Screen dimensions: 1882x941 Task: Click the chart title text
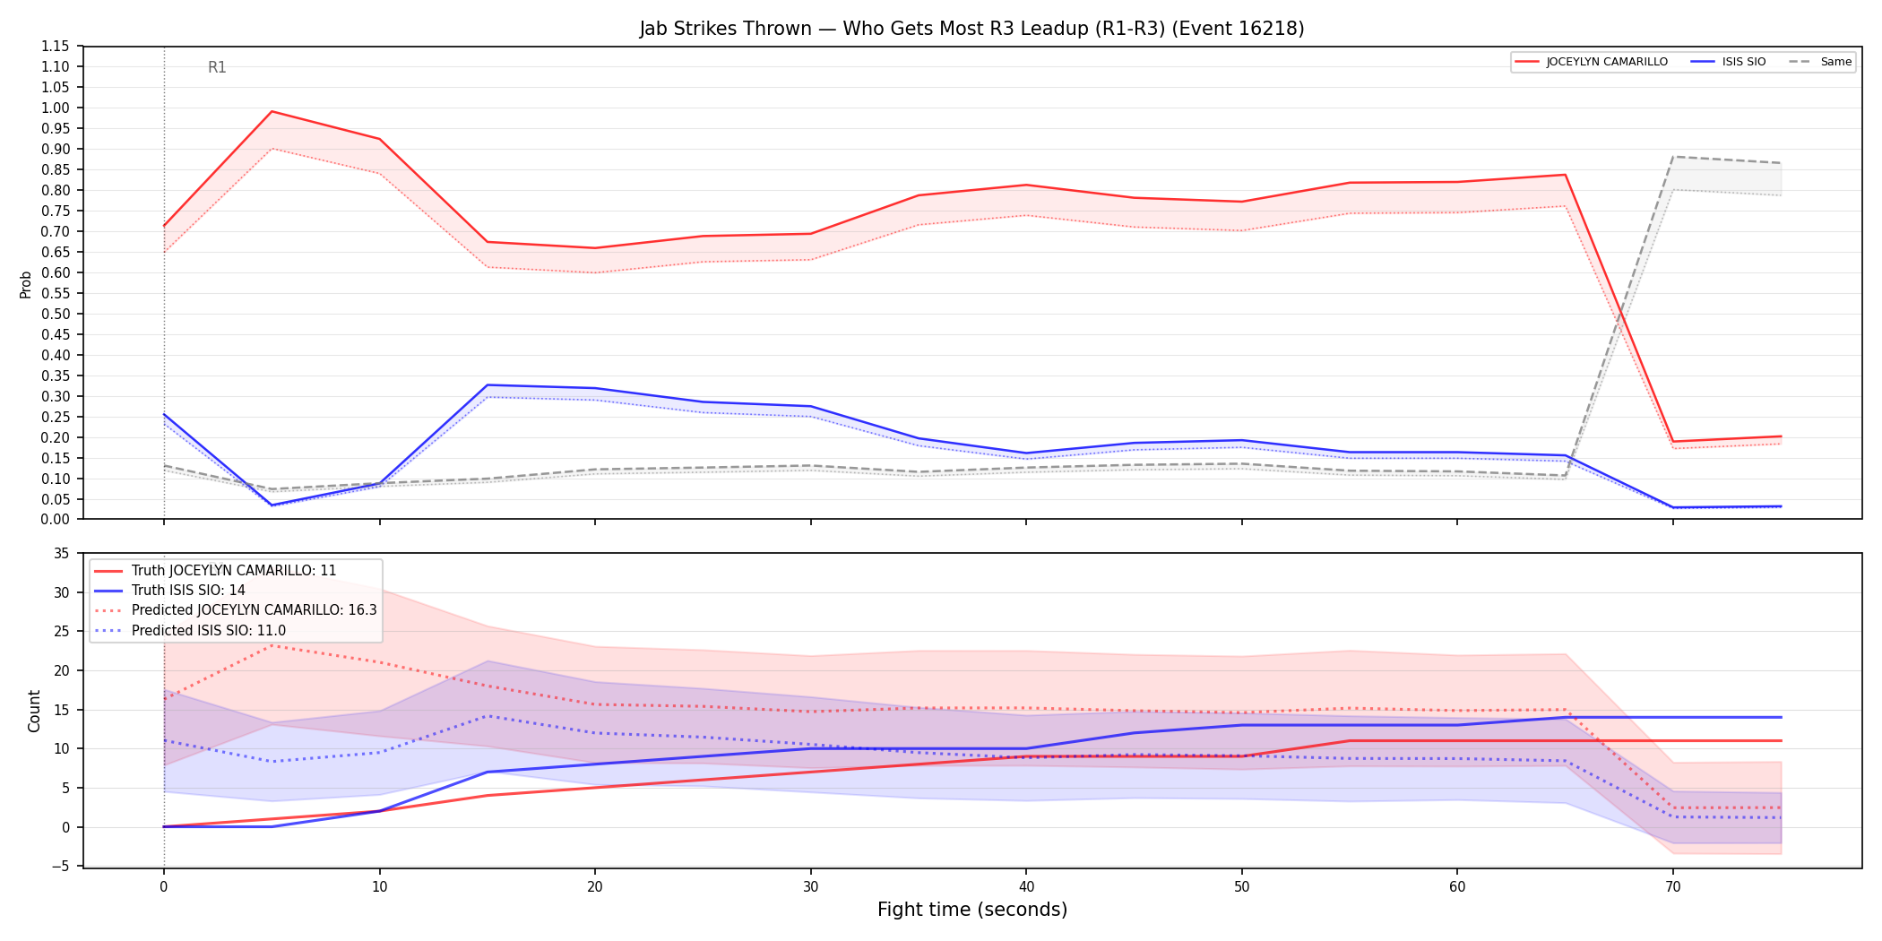971,29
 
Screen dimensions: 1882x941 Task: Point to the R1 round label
217,67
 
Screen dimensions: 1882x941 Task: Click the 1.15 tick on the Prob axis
56,47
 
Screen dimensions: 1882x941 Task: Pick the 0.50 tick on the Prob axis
56,314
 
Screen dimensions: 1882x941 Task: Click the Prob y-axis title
26,284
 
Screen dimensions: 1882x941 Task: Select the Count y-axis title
34,711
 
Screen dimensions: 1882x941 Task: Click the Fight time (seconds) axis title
972,910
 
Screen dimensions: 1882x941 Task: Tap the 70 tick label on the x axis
1672,887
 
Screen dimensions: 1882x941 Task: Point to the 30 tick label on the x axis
811,887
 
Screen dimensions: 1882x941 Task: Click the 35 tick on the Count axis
62,553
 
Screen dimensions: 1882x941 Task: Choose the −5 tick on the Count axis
60,866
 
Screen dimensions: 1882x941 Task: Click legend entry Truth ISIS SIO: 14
188,590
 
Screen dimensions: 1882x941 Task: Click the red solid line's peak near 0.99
272,112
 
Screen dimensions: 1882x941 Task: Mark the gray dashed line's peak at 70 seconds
1672,157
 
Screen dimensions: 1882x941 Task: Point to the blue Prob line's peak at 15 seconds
488,385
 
